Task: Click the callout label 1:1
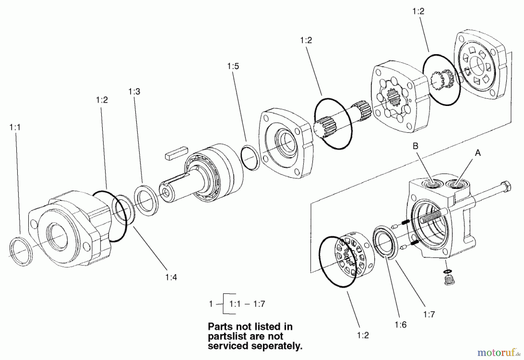15,127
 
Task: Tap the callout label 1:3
134,92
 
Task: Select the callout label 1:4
171,277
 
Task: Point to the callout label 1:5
233,66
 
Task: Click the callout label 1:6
401,325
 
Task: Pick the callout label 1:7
429,314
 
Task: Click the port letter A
478,153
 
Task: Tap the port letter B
415,146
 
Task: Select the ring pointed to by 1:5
250,157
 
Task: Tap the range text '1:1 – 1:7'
247,304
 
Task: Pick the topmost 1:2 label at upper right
418,11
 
